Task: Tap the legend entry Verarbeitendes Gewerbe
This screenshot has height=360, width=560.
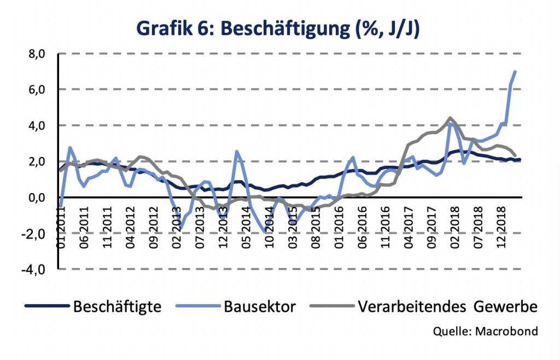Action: click(x=447, y=306)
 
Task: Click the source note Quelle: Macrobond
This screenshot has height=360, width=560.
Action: click(x=485, y=331)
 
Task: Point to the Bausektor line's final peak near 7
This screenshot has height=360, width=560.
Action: click(x=515, y=72)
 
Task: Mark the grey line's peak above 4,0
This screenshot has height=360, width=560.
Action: click(x=450, y=118)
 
